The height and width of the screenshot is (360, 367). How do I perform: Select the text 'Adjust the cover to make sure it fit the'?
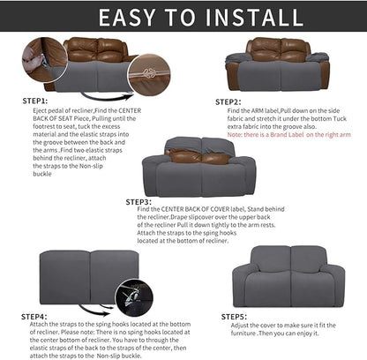point(296,326)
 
